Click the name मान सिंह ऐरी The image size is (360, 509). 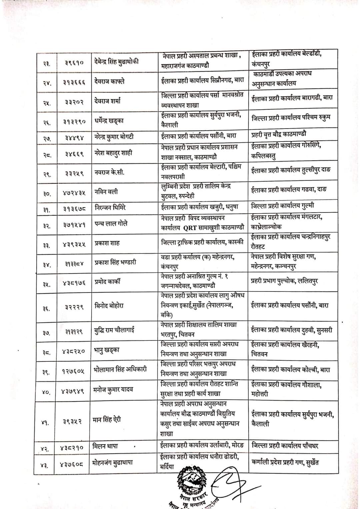107,419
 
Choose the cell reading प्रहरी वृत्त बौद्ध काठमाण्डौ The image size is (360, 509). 279,135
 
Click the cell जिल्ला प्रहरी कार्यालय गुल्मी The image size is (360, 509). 282,206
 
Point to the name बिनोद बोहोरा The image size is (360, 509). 109,305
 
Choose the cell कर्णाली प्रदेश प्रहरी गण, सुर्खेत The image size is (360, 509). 285,462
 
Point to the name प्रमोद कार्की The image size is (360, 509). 107,281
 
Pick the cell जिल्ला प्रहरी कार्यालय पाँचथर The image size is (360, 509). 285,446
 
